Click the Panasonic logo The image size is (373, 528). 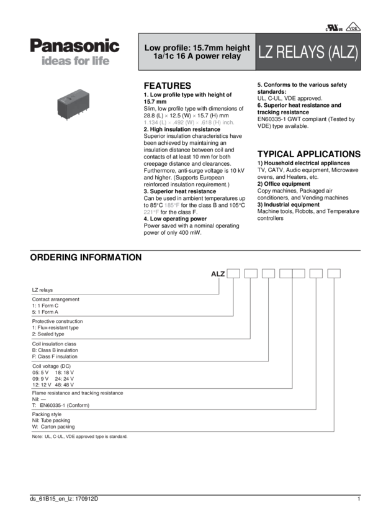tap(74, 47)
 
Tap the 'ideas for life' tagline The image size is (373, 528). tap(75, 62)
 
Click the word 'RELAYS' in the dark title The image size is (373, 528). tap(299, 52)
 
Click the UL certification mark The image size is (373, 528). tap(326, 27)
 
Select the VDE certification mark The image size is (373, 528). tap(353, 27)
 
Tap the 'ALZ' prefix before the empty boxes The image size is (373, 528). tap(218, 273)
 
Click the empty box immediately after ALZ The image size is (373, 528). tap(233, 273)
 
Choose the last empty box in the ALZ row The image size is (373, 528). tap(334, 273)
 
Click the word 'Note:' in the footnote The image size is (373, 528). tap(36, 437)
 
